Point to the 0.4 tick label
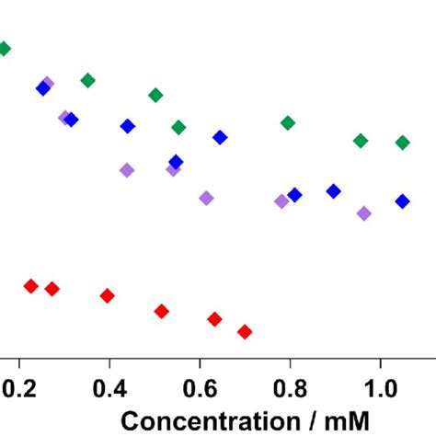point(109,388)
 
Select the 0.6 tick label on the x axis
point(200,388)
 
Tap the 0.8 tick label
point(290,388)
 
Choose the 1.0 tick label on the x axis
point(380,388)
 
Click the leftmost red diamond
point(30,285)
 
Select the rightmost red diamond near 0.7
point(245,331)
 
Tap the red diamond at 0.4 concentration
point(107,295)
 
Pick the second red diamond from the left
point(52,289)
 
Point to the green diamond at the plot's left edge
point(4,49)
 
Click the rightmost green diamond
point(402,142)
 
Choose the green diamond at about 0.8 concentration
point(288,122)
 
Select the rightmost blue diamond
point(402,201)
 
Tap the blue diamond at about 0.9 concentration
point(333,190)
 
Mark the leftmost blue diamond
point(42,88)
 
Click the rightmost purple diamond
point(363,213)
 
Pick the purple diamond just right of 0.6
point(206,198)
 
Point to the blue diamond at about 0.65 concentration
point(220,137)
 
